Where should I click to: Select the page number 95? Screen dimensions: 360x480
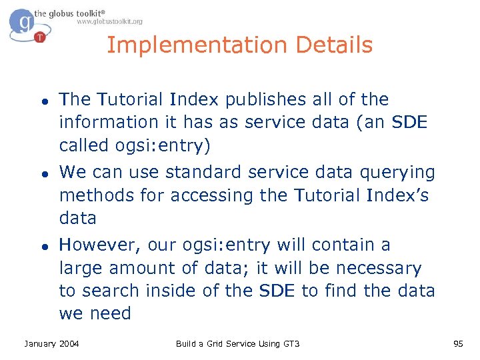(458, 343)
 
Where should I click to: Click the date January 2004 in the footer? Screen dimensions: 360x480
(51, 343)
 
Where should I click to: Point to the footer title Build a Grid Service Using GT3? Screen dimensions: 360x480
(238, 343)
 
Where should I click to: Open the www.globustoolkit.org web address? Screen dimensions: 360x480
(109, 21)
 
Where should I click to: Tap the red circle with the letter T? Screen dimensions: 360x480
(40, 37)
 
